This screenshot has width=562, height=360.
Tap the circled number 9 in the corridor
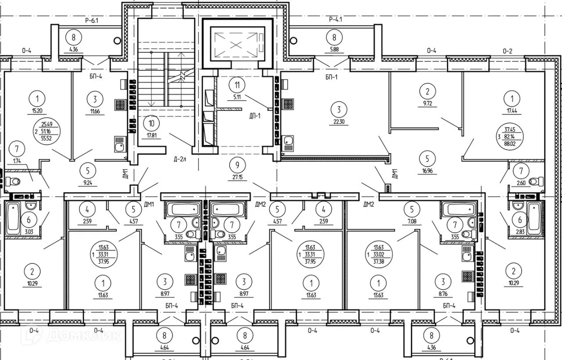(238, 165)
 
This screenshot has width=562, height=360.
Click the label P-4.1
(335, 19)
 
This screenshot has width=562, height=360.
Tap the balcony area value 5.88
(335, 49)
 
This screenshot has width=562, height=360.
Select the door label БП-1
(332, 76)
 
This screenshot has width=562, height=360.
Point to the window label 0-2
(507, 51)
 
